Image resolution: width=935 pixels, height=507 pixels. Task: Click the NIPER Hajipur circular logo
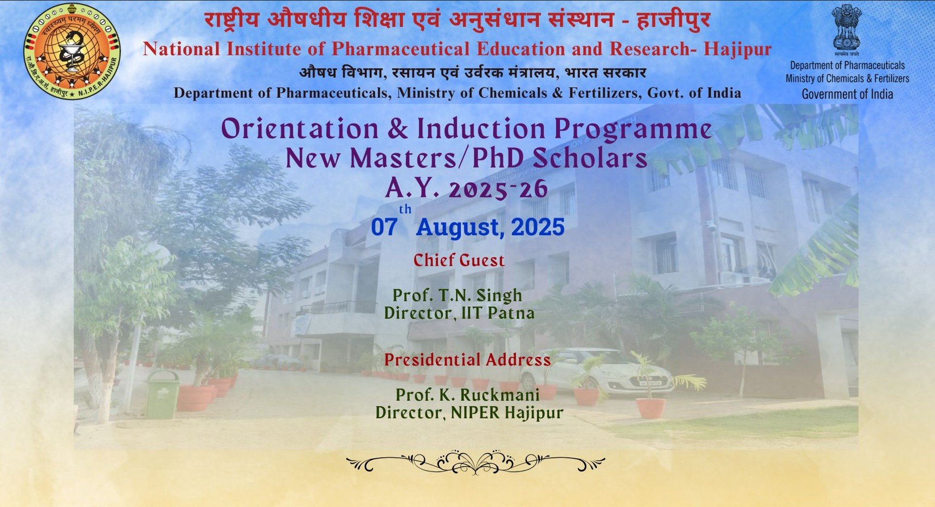pos(72,52)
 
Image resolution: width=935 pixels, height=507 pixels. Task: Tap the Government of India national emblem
pos(847,30)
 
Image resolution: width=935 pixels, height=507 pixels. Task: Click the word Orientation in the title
pos(300,129)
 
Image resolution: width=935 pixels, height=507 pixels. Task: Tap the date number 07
pos(384,227)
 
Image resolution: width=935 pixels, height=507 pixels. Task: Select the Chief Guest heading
pos(459,260)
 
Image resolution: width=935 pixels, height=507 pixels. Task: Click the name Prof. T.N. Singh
pos(457,295)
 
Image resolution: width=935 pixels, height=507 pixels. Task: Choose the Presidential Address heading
pos(467,360)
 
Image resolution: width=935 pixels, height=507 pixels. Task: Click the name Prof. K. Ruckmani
pos(467,395)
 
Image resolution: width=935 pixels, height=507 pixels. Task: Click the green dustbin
pos(162,394)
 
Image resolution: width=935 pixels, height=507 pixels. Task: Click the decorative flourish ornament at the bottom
pos(475,463)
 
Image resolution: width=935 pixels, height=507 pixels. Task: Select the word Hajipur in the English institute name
pos(737,49)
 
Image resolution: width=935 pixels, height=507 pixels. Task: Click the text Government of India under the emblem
pos(847,94)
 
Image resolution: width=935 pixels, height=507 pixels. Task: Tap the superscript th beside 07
pos(405,209)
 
